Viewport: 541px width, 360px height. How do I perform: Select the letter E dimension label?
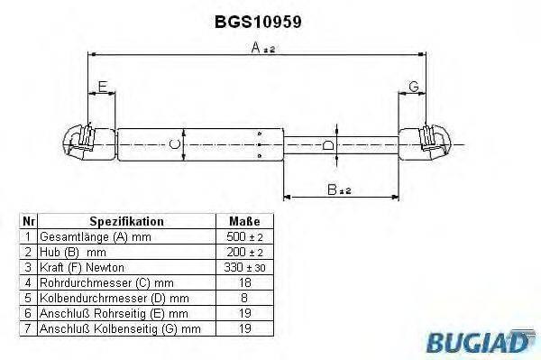[102, 87]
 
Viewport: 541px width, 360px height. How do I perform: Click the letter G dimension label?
[413, 87]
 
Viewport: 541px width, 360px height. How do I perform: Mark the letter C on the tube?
[177, 143]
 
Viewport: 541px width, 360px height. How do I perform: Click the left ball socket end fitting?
[79, 143]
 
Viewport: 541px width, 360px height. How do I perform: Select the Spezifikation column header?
[126, 221]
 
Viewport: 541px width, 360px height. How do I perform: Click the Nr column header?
[28, 221]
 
